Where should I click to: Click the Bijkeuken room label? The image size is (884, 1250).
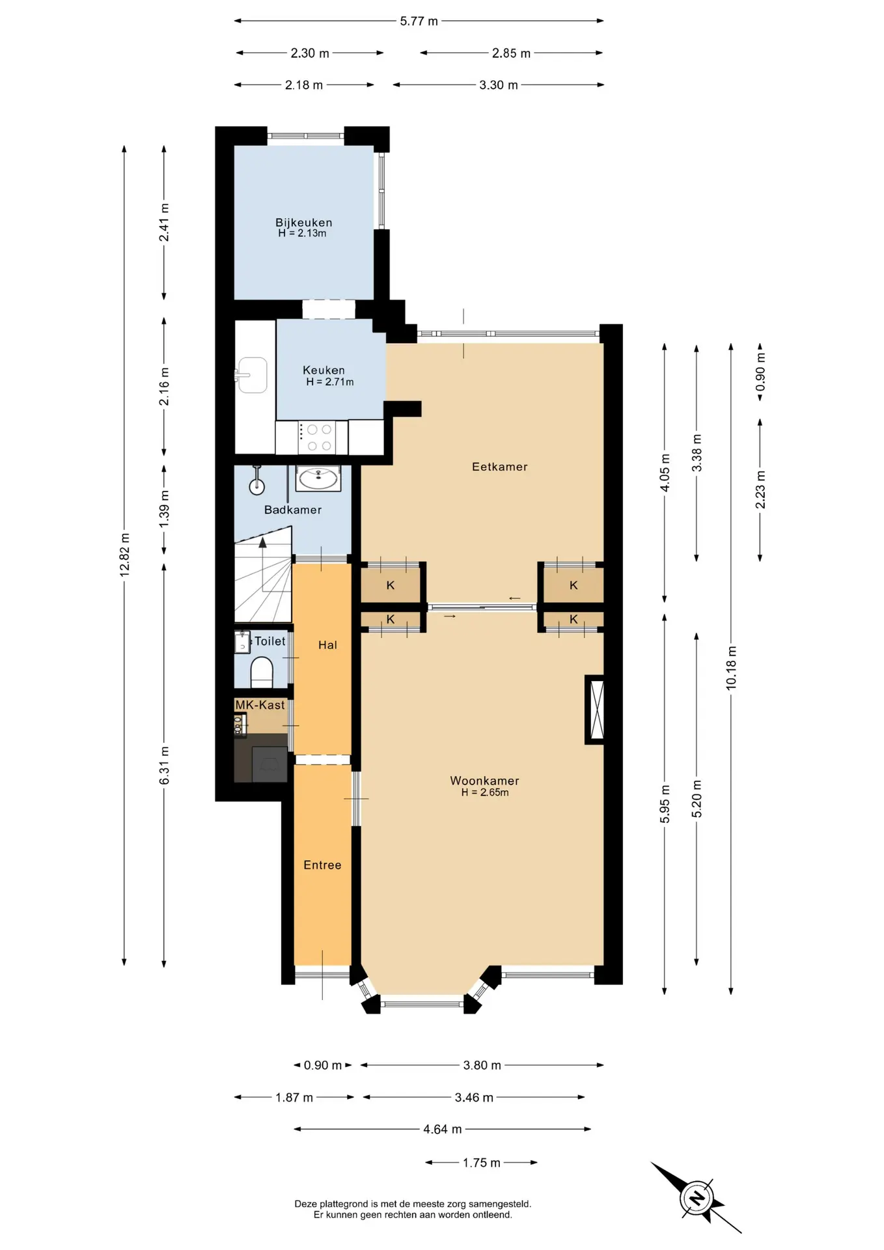pyautogui.click(x=303, y=223)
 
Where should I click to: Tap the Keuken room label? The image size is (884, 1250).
pyautogui.click(x=324, y=370)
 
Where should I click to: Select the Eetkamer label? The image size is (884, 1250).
pyautogui.click(x=499, y=467)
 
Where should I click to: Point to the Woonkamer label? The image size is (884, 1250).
pyautogui.click(x=484, y=781)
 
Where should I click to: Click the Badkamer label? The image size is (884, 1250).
pyautogui.click(x=293, y=510)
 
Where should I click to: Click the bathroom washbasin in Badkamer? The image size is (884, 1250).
pyautogui.click(x=318, y=479)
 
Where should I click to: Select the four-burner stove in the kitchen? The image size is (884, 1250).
pyautogui.click(x=317, y=438)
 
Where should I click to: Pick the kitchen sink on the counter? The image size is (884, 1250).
pyautogui.click(x=252, y=375)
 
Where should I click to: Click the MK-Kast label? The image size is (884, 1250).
pyautogui.click(x=260, y=705)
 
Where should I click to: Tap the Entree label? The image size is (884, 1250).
pyautogui.click(x=322, y=865)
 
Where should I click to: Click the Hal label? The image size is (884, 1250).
pyautogui.click(x=327, y=645)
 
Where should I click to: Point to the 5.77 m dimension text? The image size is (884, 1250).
pyautogui.click(x=419, y=21)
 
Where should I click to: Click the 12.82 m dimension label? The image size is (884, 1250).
pyautogui.click(x=125, y=555)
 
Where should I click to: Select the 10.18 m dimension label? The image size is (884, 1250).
pyautogui.click(x=732, y=668)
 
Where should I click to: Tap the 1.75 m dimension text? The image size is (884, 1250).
pyautogui.click(x=482, y=1163)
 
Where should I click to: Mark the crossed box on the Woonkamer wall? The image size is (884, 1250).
pyautogui.click(x=595, y=710)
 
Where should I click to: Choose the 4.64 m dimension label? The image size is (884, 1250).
pyautogui.click(x=443, y=1130)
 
